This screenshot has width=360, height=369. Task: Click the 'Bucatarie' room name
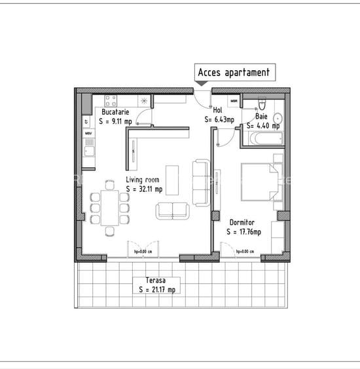114,113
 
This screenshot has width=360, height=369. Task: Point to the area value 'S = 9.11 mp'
116,121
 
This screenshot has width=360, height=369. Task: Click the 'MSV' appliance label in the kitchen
88,134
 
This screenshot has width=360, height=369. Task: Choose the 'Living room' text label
143,179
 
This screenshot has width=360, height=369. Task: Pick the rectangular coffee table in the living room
173,179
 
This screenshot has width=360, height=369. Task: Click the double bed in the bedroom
258,180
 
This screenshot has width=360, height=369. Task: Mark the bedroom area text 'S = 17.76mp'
243,231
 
